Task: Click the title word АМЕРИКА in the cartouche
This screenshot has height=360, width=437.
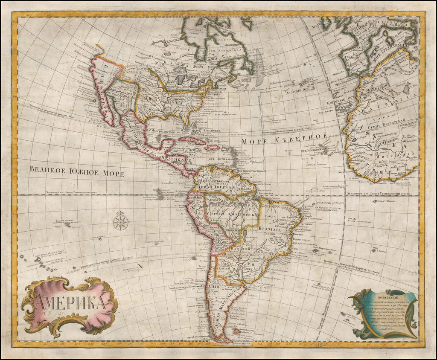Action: coord(70,302)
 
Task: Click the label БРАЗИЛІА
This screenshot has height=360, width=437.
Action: coord(270,229)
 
